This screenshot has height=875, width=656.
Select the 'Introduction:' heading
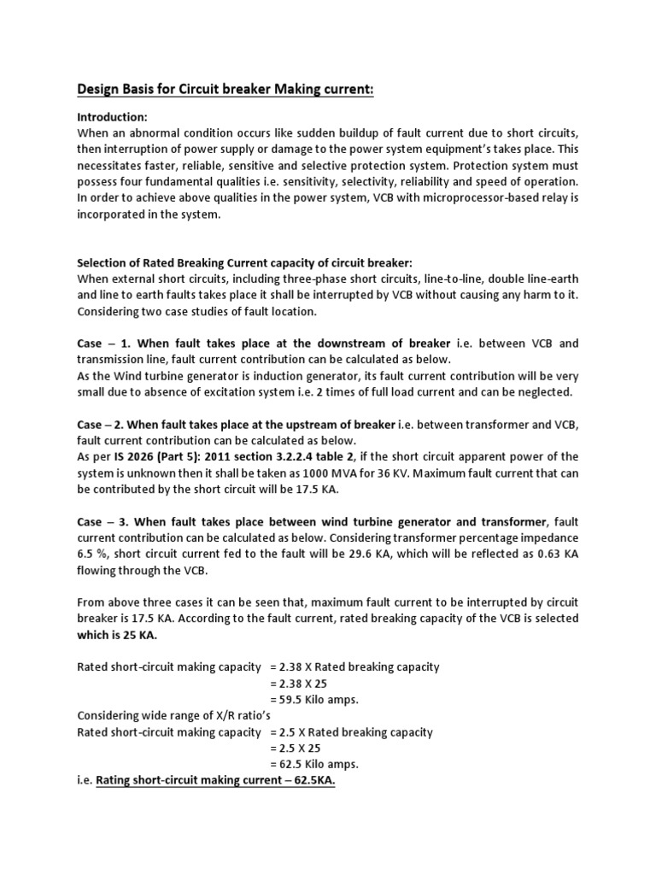[113, 116]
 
